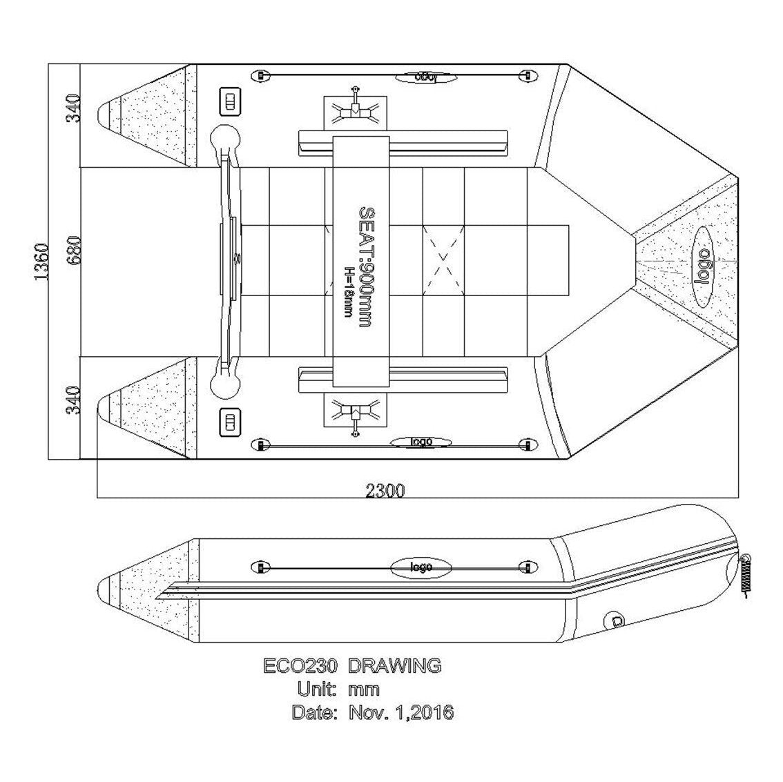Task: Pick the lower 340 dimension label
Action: pyautogui.click(x=74, y=400)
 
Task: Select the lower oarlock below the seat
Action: pyautogui.click(x=356, y=414)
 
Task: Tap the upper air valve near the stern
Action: pyautogui.click(x=229, y=102)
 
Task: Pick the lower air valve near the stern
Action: pyautogui.click(x=229, y=421)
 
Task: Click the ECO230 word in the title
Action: pyautogui.click(x=300, y=666)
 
